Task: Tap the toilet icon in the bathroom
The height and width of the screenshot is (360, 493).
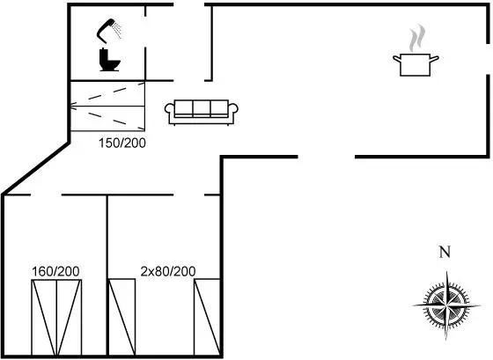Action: tap(109, 60)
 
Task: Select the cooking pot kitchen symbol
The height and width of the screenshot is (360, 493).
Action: tap(416, 65)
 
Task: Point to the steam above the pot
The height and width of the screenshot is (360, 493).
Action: tap(417, 38)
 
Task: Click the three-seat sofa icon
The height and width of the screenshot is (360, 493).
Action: tap(202, 113)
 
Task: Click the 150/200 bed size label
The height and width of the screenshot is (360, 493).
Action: tap(122, 143)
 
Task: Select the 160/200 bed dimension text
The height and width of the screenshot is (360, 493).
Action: tap(55, 271)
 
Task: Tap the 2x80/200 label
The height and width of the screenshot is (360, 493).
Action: tap(168, 271)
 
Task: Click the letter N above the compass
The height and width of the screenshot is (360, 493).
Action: tap(445, 252)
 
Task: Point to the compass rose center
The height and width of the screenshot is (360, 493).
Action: tap(446, 305)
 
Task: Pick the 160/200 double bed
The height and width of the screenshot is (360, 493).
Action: tap(56, 317)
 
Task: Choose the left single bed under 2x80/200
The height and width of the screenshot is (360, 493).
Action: tap(122, 317)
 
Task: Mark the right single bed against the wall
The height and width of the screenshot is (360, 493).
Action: tap(207, 317)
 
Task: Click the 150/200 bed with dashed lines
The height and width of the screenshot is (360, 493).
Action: tap(107, 106)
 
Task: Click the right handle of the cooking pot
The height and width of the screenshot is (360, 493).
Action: tap(434, 59)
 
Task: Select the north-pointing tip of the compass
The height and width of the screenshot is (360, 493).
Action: tap(447, 271)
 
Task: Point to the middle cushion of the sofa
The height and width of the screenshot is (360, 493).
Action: tap(202, 109)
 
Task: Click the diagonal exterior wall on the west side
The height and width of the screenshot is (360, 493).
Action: tap(35, 168)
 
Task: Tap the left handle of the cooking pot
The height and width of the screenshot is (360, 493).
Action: tap(397, 59)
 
